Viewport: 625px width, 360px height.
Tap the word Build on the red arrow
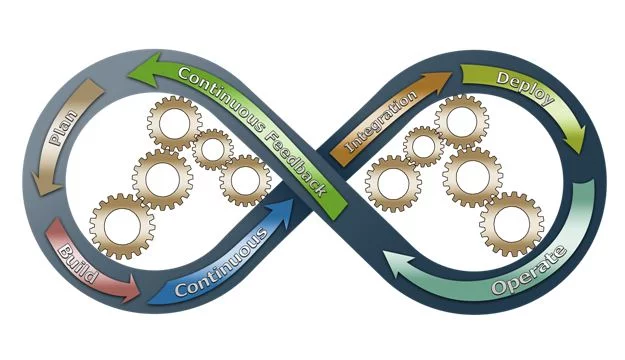coord(78,262)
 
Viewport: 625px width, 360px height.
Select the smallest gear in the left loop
coord(212,149)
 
